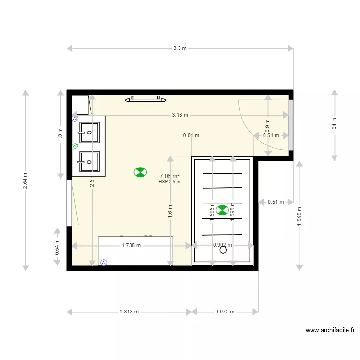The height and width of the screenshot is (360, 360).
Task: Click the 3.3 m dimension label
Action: pyautogui.click(x=180, y=48)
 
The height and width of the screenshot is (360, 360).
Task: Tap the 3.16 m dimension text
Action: pyautogui.click(x=180, y=115)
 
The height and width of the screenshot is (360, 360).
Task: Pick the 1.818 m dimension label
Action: pyautogui.click(x=129, y=312)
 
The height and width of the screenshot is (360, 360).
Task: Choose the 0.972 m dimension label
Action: pyautogui.click(x=225, y=312)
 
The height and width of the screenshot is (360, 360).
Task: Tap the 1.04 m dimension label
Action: pyautogui.click(x=335, y=125)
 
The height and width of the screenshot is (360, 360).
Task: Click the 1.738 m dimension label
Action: pyautogui.click(x=131, y=245)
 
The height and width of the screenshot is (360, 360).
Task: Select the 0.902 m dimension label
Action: pyautogui.click(x=222, y=245)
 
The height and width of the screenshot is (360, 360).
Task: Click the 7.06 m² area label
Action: pyautogui.click(x=169, y=176)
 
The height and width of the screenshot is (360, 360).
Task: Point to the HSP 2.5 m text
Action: pyautogui.click(x=169, y=182)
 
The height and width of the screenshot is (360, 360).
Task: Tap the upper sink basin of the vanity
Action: pyautogui.click(x=90, y=132)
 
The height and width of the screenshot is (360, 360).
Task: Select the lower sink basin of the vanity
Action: pyautogui.click(x=90, y=162)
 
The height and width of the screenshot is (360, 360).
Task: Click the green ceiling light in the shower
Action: pyautogui.click(x=222, y=210)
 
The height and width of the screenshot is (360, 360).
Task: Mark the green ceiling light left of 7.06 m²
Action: pyautogui.click(x=140, y=172)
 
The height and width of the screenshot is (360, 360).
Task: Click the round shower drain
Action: pyautogui.click(x=223, y=250)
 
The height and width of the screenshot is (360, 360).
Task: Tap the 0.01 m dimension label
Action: pyautogui.click(x=191, y=135)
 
